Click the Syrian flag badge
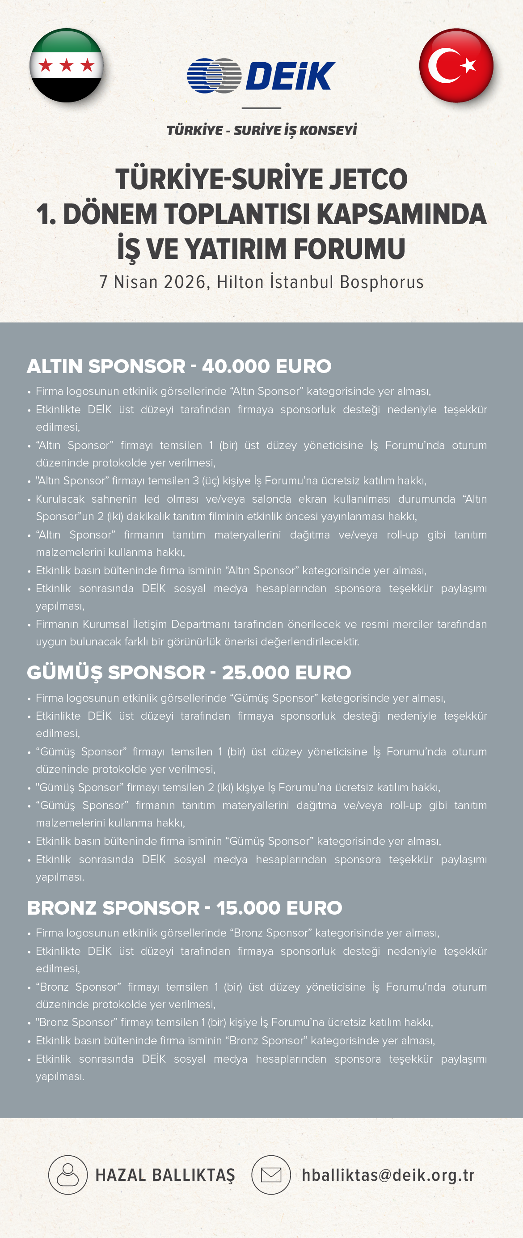(x=66, y=65)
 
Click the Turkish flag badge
(x=456, y=65)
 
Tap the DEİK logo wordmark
(x=290, y=76)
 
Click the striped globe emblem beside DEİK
(x=214, y=76)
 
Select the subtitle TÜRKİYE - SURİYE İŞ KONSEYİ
(x=261, y=130)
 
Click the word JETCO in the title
(x=368, y=179)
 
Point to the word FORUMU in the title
(x=349, y=249)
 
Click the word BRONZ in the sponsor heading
(x=62, y=908)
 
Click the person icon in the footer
(x=67, y=1174)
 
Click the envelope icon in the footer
(x=271, y=1174)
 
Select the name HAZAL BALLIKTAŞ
(x=165, y=1175)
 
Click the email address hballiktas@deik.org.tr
(x=388, y=1175)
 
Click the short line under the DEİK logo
(x=261, y=108)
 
